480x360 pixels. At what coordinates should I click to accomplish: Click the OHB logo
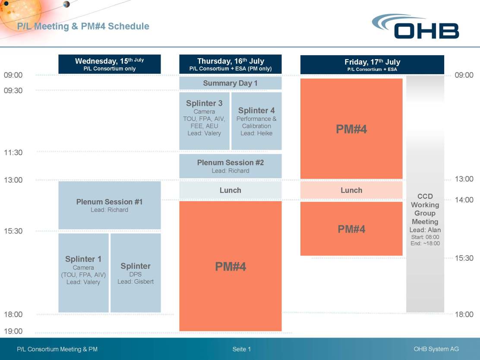416,26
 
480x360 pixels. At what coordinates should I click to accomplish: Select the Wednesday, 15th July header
110,64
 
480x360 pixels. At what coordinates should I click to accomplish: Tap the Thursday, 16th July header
231,64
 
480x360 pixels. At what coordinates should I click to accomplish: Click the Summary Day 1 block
231,83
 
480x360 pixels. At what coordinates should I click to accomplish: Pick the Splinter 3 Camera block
204,120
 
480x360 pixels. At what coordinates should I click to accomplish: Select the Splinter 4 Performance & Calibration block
256,120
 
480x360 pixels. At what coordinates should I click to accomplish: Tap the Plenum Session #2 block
231,166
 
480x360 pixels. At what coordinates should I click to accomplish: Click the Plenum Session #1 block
110,205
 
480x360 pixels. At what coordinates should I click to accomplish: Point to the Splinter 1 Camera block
83,272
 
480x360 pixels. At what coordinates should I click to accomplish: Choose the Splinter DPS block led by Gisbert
136,272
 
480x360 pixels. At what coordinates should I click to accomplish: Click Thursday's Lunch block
231,190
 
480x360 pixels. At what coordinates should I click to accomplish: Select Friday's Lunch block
351,190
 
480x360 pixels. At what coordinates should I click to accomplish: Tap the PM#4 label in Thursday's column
231,267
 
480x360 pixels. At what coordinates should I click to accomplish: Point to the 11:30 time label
13,152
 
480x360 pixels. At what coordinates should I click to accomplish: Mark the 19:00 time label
13,331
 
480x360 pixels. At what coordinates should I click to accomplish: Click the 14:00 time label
464,200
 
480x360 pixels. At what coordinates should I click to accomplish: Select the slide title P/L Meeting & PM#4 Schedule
83,26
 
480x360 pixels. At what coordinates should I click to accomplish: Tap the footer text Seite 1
242,349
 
